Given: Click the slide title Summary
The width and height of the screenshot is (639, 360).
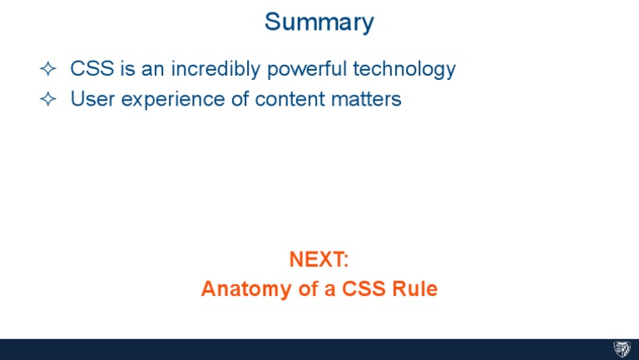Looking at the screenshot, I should click(319, 22).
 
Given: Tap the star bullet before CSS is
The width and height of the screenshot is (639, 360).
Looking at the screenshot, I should click(47, 70).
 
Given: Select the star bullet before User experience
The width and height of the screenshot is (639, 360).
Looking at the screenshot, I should click(47, 100).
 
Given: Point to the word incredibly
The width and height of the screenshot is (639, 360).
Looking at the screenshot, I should click(215, 69).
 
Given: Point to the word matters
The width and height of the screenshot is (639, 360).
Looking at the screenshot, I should click(367, 99).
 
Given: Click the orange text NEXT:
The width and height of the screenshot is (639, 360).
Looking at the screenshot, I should click(319, 259).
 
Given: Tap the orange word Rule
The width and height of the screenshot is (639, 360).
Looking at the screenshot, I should click(415, 289).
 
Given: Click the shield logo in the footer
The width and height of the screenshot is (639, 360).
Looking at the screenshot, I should click(622, 349).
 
